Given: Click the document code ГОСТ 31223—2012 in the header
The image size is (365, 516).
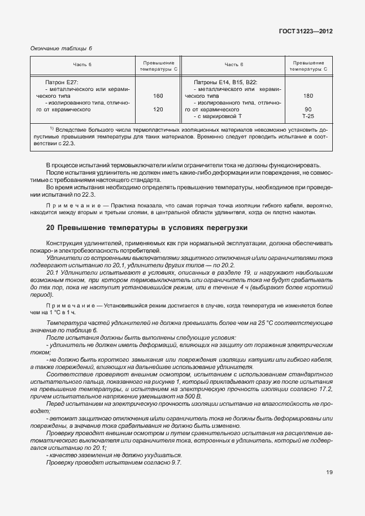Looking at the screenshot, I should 305,32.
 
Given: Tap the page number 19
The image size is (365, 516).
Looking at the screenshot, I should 329,473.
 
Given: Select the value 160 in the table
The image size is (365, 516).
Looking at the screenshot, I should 158,96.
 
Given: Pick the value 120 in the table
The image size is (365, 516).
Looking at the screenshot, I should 158,109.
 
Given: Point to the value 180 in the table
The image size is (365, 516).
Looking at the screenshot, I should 308,96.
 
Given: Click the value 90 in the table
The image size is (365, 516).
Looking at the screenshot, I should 308,109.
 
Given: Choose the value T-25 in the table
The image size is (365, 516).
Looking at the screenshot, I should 308,116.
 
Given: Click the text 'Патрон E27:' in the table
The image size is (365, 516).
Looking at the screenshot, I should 59,83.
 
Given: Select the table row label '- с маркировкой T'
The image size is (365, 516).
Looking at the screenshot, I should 218,116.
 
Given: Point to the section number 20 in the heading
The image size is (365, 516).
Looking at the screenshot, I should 50,228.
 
